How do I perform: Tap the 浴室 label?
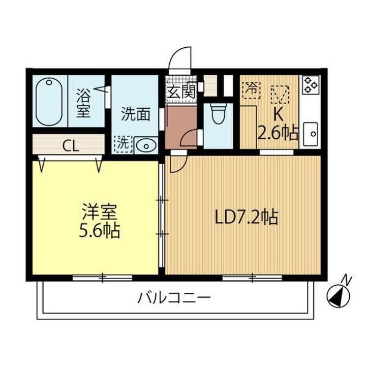[x=83, y=103]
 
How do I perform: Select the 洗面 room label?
[x=136, y=114]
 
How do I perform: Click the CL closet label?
[x=71, y=146]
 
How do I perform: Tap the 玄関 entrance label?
[x=181, y=93]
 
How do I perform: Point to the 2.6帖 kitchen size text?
[x=278, y=133]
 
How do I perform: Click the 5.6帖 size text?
[x=100, y=232]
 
